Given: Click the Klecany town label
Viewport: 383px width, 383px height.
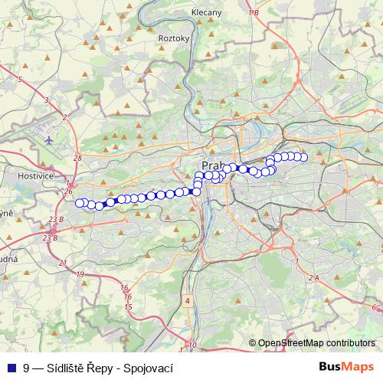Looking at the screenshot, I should [x=207, y=13].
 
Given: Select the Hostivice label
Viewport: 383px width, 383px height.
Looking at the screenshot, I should [x=33, y=175].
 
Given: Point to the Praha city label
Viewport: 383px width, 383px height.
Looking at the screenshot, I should [x=211, y=165].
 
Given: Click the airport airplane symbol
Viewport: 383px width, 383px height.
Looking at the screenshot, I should [x=50, y=141].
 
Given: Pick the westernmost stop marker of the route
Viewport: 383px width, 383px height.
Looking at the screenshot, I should [x=79, y=202].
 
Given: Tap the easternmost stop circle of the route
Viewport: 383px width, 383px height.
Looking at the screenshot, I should [x=303, y=157].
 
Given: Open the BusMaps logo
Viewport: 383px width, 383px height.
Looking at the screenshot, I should [x=346, y=367].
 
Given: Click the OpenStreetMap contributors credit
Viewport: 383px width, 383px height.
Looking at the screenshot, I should [x=316, y=343].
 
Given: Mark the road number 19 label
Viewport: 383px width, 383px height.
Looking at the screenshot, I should [x=80, y=273].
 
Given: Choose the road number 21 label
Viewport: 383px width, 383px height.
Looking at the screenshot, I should [x=61, y=263].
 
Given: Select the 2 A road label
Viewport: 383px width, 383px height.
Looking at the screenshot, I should [x=312, y=278].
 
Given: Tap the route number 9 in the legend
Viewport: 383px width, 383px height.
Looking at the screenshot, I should [x=26, y=367].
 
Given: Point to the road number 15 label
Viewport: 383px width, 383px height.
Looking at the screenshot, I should [x=129, y=306].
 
